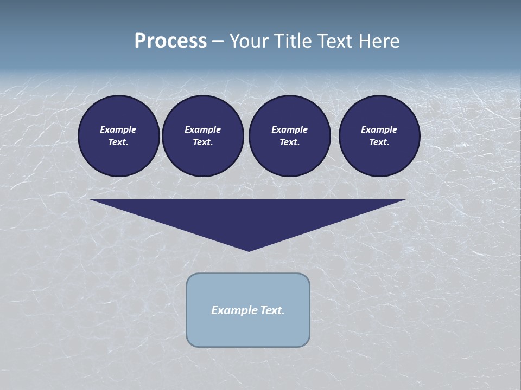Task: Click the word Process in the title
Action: click(170, 41)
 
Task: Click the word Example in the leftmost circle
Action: click(118, 129)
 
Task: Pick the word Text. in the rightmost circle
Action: click(379, 142)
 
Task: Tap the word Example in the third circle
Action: click(290, 129)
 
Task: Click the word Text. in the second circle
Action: click(203, 142)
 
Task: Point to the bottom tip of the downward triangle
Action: click(249, 250)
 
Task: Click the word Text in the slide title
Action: click(334, 41)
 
